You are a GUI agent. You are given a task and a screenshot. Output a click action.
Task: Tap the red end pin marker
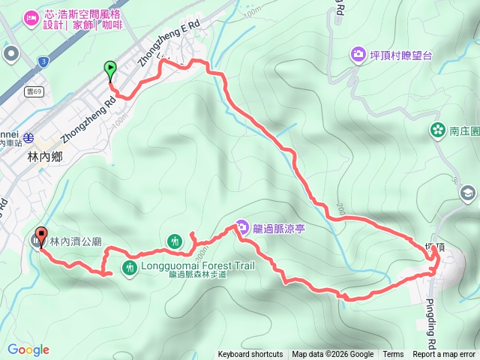coord(40,235)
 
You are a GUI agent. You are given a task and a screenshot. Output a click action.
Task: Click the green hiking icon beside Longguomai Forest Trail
coord(128,266)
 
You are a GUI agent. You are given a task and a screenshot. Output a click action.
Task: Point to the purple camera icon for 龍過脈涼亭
coord(241,226)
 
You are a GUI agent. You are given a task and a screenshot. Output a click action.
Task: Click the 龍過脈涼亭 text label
coord(280,226)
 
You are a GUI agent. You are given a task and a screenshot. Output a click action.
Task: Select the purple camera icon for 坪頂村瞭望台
coord(358,54)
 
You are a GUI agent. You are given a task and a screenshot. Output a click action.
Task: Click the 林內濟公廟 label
coord(76,242)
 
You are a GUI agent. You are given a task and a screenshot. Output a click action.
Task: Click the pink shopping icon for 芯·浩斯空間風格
coord(31,17)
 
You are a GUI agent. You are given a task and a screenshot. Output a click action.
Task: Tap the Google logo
coord(28,349)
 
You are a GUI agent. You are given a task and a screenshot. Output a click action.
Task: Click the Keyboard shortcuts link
coord(250,355)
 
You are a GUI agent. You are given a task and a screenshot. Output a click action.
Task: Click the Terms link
coord(393,355)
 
